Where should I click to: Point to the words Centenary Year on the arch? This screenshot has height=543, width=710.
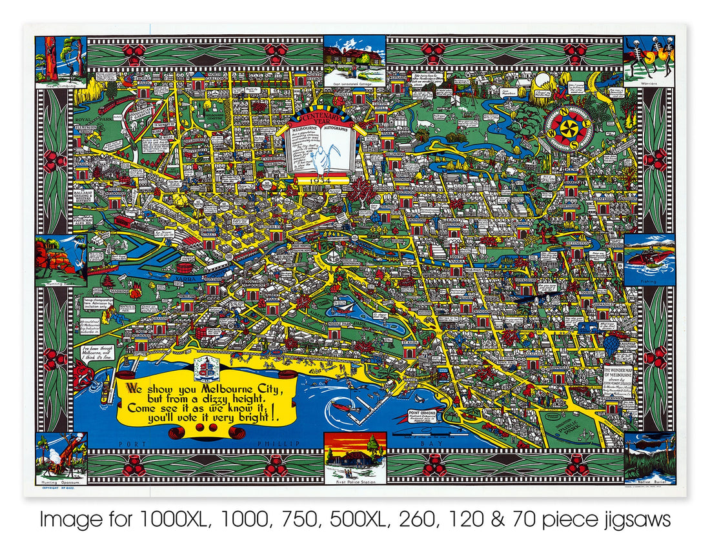[321, 119]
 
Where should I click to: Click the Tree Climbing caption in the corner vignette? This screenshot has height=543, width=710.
[61, 84]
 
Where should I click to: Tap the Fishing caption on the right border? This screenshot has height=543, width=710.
[649, 281]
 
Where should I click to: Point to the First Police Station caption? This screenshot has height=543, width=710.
[354, 480]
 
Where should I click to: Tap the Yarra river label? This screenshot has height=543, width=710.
[183, 279]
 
